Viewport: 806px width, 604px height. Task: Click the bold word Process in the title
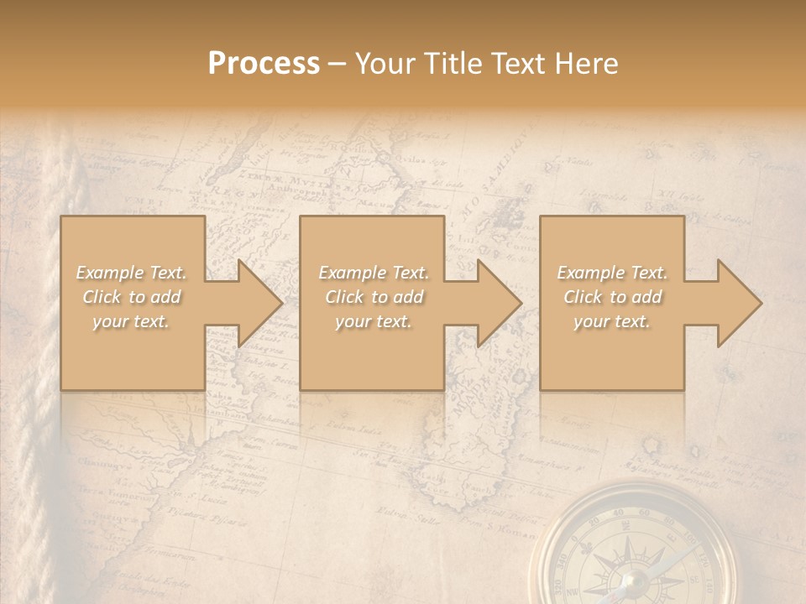click(264, 64)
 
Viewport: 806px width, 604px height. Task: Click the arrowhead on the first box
click(260, 303)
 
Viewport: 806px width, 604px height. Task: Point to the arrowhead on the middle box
click(500, 303)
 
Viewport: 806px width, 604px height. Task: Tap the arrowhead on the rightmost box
click(739, 303)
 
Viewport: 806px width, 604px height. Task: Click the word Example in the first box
click(109, 273)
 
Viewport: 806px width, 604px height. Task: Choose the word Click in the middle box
click(344, 297)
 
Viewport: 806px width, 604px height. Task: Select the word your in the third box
click(591, 321)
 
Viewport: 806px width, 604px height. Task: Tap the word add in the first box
click(166, 297)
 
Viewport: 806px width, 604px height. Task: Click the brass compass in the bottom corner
click(638, 549)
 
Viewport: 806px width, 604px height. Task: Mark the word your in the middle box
click(353, 321)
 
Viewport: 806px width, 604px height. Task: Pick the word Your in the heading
click(385, 64)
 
